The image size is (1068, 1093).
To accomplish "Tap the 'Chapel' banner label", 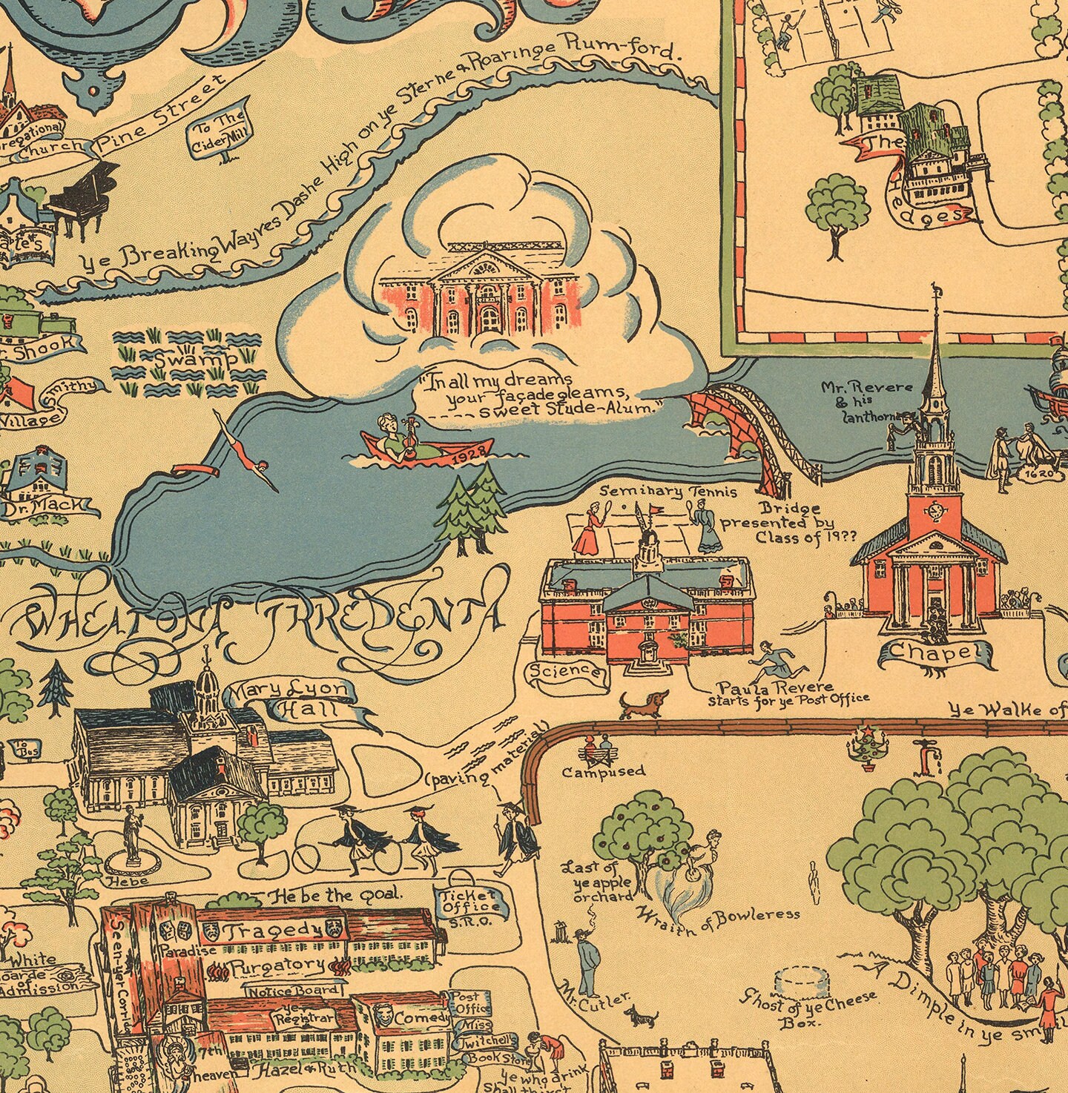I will pyautogui.click(x=935, y=653).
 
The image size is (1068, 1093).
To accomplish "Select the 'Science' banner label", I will pyautogui.click(x=574, y=672).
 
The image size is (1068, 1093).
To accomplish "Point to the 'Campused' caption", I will pyautogui.click(x=603, y=771).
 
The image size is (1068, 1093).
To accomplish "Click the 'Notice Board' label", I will pyautogui.click(x=294, y=991).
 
